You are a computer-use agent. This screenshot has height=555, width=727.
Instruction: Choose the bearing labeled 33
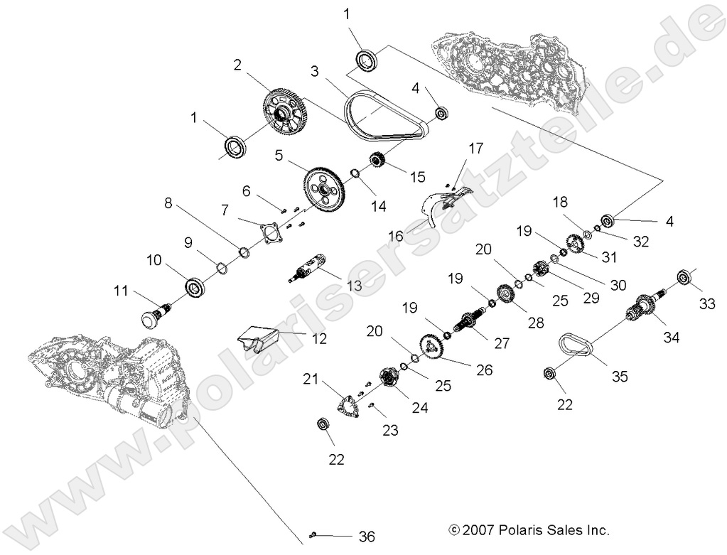point(685,277)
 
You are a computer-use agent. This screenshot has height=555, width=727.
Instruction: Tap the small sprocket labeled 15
point(377,161)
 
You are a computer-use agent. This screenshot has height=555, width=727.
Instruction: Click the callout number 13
point(334,285)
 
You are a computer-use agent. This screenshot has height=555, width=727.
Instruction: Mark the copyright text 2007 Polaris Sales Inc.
point(529,530)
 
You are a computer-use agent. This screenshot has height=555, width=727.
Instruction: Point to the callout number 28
point(535,322)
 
